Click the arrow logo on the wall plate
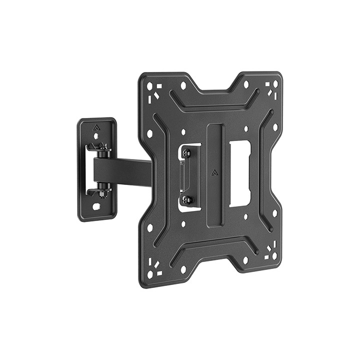96,127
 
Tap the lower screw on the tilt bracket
186,199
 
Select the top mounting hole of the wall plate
97,135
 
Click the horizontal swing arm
130,172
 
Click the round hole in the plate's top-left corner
149,86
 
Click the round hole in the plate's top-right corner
274,83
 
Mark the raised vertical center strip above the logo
214,145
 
